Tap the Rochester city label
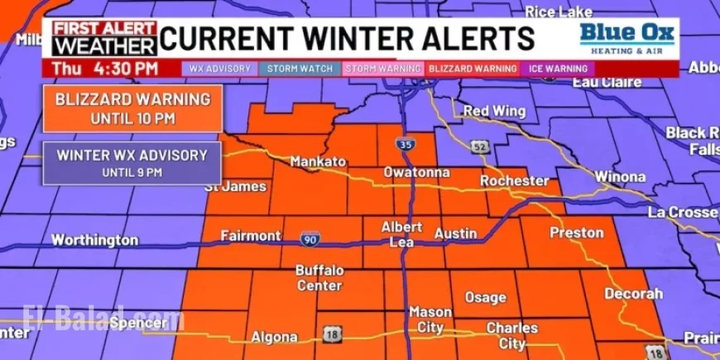(x=514, y=180)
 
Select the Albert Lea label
(x=401, y=233)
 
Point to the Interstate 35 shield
(x=401, y=142)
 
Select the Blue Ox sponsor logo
(x=626, y=38)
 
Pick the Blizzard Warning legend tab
(x=471, y=69)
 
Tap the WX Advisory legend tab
(x=219, y=69)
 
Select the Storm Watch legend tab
(x=300, y=69)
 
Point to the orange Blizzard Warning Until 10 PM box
(x=132, y=108)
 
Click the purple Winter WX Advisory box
(x=132, y=162)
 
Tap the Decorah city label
(x=633, y=294)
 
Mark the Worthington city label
(x=94, y=240)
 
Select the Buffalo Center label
(x=319, y=278)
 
